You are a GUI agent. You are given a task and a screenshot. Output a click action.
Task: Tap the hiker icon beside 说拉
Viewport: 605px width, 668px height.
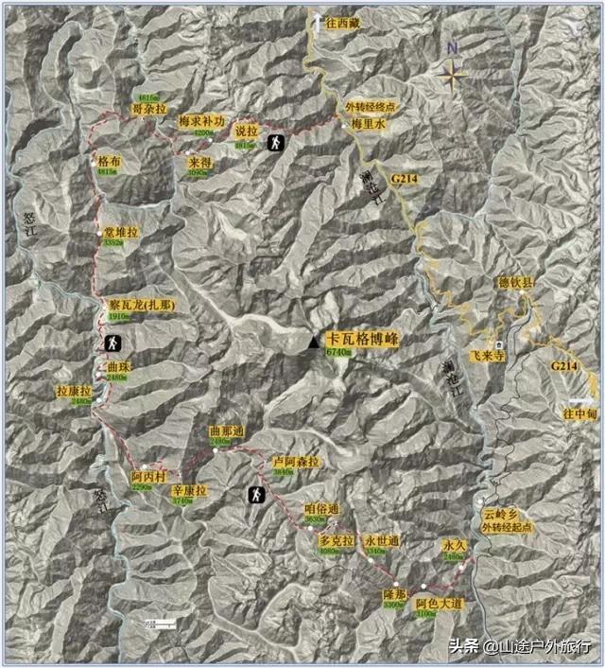point(274,144)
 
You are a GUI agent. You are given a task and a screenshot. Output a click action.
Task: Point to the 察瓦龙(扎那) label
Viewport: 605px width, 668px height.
point(142,306)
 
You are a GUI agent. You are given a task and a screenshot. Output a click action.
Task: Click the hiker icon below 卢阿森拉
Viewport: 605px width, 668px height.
point(255,493)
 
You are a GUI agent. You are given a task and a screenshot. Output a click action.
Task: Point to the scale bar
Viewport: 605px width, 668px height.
point(162,622)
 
